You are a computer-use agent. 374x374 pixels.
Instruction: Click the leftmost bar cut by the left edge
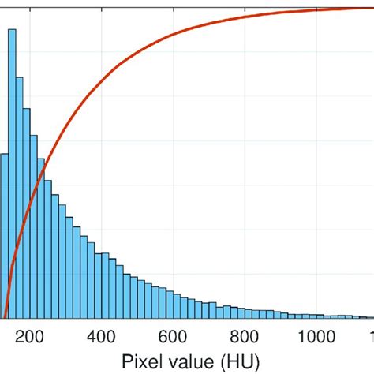[3, 237]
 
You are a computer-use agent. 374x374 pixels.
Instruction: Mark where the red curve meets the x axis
[5, 317]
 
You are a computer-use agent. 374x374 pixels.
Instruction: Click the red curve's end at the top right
[371, 8]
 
